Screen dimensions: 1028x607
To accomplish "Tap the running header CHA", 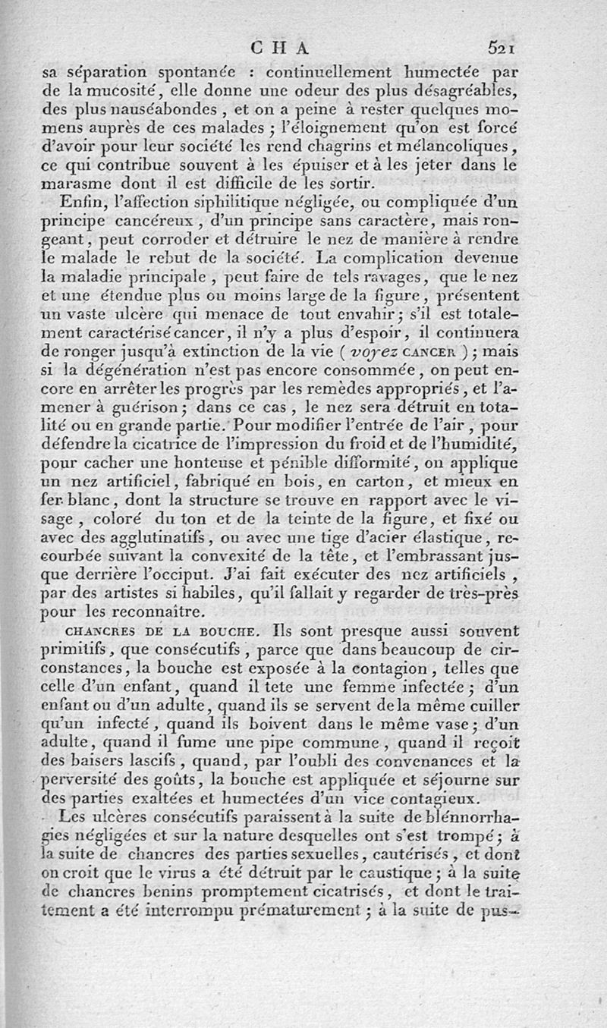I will (x=281, y=47).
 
